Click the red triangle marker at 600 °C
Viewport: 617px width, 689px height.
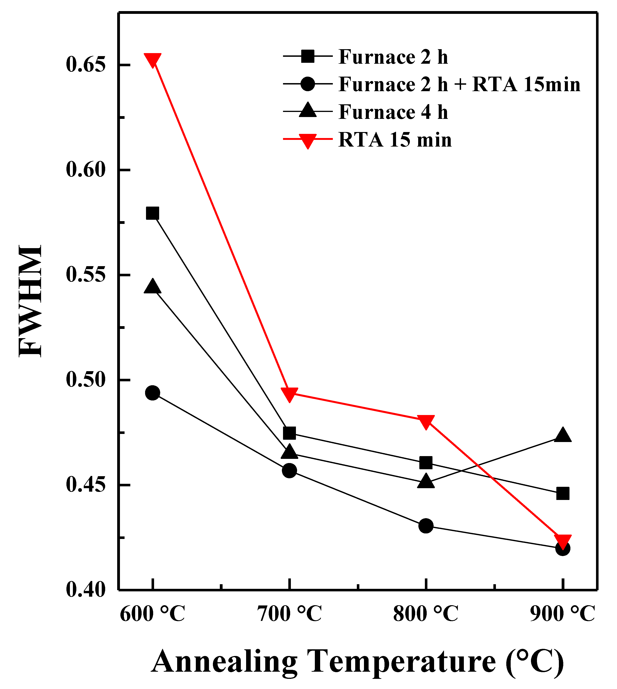(152, 60)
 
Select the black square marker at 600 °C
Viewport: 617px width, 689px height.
(152, 213)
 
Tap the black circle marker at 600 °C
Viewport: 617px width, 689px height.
(152, 393)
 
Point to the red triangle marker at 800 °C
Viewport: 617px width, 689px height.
(426, 422)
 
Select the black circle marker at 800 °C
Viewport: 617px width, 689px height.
(426, 526)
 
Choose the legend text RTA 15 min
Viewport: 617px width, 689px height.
(395, 139)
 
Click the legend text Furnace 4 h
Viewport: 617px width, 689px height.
(393, 112)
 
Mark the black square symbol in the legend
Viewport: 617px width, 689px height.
(308, 56)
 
